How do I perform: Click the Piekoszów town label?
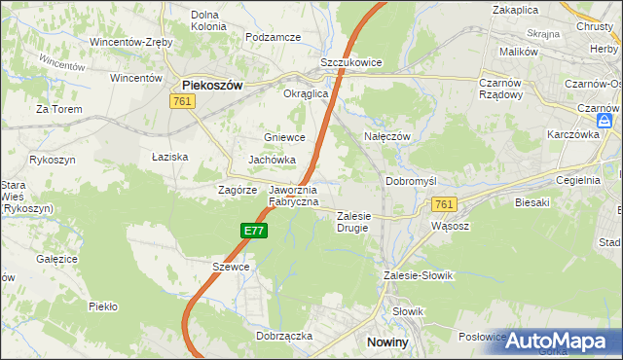(x=212, y=85)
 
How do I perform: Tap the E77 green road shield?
(x=254, y=231)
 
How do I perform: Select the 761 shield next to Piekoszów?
(x=181, y=101)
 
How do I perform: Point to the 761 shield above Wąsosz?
(x=444, y=204)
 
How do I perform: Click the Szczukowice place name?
(x=351, y=62)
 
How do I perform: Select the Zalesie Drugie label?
(x=355, y=222)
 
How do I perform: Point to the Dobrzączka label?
(x=284, y=335)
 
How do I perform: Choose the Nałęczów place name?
(x=385, y=137)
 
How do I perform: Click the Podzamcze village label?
(x=274, y=37)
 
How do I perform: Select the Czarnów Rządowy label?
(x=502, y=90)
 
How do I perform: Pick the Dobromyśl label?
(x=413, y=182)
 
